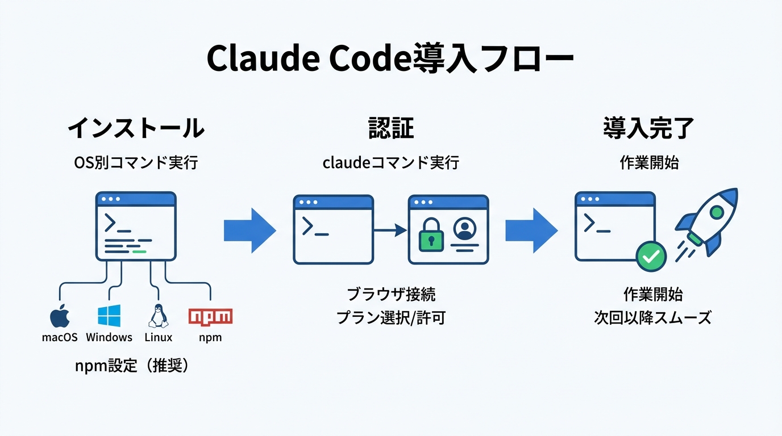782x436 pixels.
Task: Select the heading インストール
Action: click(136, 129)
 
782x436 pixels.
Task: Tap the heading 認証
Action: click(390, 129)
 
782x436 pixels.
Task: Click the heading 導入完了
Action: click(649, 129)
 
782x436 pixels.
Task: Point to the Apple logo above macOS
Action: click(60, 316)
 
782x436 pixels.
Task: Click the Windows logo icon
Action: click(109, 316)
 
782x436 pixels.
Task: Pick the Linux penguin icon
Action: click(158, 316)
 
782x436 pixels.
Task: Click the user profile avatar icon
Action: click(464, 228)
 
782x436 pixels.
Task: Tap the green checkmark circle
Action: click(651, 257)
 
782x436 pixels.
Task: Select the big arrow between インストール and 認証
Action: click(249, 230)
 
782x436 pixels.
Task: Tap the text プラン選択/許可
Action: click(390, 318)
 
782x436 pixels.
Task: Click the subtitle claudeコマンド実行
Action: click(390, 163)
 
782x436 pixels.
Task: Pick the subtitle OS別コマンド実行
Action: click(136, 163)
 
